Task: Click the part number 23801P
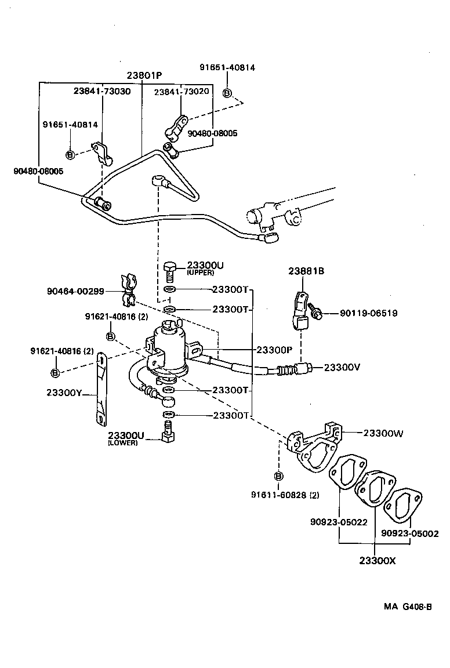pos(146,75)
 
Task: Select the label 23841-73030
pos(102,91)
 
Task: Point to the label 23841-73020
pos(181,92)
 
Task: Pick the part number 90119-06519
pos(368,313)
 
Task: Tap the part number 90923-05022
pos(339,521)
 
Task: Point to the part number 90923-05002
pos(409,533)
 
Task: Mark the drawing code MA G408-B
pos(407,607)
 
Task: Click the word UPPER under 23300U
pos(201,273)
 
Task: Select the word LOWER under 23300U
pos(122,443)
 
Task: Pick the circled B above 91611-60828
pos(278,476)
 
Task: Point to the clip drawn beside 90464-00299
pos(128,290)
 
